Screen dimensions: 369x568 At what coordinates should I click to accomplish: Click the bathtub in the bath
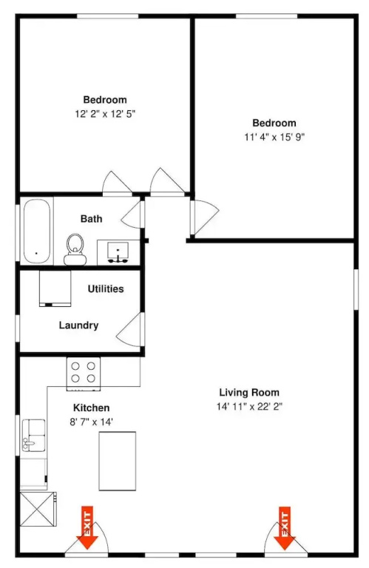pos(36,231)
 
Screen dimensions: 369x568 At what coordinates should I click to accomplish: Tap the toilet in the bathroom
pos(75,249)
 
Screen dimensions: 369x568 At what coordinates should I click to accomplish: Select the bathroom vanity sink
pos(118,251)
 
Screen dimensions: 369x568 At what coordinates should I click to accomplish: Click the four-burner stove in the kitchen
pos(84,373)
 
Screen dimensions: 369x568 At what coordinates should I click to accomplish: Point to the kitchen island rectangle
pos(118,461)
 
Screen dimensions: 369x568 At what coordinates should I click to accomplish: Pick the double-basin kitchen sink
pos(34,435)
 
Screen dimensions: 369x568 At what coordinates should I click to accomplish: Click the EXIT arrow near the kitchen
pos(87,528)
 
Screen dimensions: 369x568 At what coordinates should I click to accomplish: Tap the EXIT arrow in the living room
pos(285,528)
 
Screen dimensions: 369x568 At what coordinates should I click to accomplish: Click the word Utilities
pos(106,288)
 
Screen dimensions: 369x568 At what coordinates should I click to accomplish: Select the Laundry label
pos(78,325)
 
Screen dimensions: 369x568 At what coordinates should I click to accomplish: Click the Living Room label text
pos(249,392)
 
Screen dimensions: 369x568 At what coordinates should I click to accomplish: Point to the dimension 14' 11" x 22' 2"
pos(249,407)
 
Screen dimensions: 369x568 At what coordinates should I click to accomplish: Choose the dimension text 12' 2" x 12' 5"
pos(105,114)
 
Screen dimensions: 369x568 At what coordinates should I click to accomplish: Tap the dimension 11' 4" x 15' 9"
pos(274,138)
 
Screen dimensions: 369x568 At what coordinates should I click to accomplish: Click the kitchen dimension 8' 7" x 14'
pos(91,422)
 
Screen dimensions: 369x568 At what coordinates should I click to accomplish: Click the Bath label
pos(91,219)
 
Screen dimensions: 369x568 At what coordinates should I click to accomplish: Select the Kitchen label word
pos(91,408)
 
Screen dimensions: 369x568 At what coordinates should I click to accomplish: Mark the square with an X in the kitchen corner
pos(38,509)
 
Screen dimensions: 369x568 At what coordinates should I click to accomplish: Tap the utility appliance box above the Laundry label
pos(55,288)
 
